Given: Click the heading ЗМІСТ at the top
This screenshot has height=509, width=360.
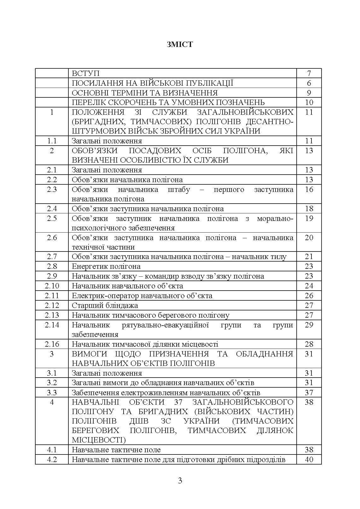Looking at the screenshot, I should tap(180, 44).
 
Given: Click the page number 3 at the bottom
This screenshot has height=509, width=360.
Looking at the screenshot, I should tap(180, 481).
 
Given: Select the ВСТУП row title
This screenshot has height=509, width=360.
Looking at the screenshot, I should tap(86, 73).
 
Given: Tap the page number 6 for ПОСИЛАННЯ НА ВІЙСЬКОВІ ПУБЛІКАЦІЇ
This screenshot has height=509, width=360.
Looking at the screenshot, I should tap(309, 83).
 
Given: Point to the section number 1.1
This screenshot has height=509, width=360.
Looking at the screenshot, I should tap(52, 141).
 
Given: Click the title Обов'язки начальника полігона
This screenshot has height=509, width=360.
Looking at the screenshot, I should tap(127, 180).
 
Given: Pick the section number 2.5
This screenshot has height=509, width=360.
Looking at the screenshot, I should tap(52, 218).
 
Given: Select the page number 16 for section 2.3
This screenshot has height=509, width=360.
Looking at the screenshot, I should tap(309, 189).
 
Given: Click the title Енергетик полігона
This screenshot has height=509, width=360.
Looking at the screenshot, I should tap(106, 266).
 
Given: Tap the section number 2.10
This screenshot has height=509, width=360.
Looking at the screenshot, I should tap(52, 286).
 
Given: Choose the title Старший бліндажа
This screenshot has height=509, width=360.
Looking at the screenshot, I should tap(105, 305).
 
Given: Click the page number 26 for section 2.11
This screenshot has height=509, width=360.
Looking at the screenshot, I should tap(309, 296).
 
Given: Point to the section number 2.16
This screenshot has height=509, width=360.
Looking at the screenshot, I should tap(52, 344).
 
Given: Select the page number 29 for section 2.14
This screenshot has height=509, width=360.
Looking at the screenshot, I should tap(309, 325).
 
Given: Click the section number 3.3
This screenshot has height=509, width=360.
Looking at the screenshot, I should tap(52, 393).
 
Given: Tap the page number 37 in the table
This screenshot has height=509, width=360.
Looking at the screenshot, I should tap(309, 393).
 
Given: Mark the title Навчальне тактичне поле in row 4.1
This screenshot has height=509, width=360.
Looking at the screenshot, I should tap(116, 450).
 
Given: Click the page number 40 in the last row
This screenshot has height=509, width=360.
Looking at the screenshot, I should tap(309, 460).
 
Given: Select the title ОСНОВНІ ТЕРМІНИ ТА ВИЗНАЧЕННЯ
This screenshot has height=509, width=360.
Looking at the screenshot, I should tap(145, 93).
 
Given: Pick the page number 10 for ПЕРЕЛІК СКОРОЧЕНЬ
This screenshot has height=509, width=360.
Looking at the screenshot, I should tap(309, 102).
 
